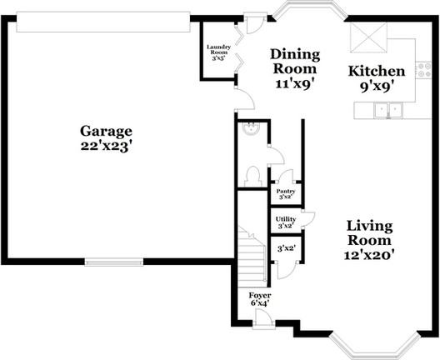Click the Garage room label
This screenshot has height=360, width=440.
pos(106,132)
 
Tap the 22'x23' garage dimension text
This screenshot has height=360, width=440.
pos(106,146)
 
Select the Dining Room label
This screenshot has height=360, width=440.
pos(295,62)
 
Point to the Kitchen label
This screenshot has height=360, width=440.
pos(377,72)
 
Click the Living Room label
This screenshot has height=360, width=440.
pos(369,233)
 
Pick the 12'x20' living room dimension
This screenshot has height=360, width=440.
pos(369,255)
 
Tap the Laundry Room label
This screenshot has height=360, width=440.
pos(218,50)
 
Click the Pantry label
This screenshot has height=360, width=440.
pos(286,192)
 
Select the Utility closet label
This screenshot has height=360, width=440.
pos(286,219)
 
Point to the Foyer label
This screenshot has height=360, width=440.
pos(260,296)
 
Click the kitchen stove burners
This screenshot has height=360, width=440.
pos(423,70)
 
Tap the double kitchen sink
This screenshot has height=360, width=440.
pos(388,110)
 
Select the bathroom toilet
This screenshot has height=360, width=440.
pos(252,176)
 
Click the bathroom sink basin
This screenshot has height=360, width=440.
pos(252,129)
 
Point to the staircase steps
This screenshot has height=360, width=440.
pos(252,257)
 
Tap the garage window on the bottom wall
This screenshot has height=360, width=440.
pos(114,262)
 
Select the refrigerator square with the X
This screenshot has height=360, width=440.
pos(368,37)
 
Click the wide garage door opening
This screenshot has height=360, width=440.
pos(103,22)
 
